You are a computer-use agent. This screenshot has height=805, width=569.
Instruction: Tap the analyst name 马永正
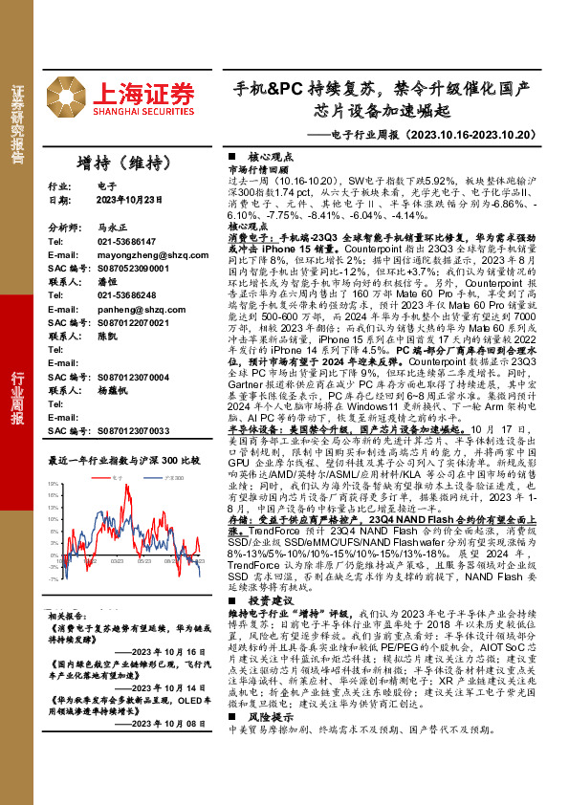[x=111, y=228]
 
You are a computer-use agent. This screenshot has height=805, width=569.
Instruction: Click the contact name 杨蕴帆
[x=111, y=418]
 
